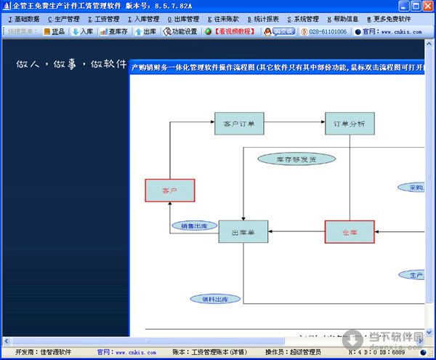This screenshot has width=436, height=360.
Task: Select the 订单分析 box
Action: [350, 124]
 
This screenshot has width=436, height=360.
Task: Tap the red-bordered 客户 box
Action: [169, 191]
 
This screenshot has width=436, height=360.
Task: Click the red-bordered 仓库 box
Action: [350, 231]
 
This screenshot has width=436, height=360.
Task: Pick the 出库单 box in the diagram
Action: [243, 231]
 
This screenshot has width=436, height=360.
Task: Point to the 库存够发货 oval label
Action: [296, 158]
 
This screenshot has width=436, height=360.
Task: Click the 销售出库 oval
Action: [194, 225]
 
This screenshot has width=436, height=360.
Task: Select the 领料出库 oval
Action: [215, 299]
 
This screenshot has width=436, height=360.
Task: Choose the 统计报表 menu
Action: [263, 19]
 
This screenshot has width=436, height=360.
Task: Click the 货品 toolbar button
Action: [54, 32]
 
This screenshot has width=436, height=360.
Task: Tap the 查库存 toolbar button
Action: [114, 32]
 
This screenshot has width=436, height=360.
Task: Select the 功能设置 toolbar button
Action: [180, 32]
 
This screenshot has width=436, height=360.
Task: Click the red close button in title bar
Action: [427, 6]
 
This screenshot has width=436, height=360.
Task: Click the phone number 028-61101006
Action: [323, 32]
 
